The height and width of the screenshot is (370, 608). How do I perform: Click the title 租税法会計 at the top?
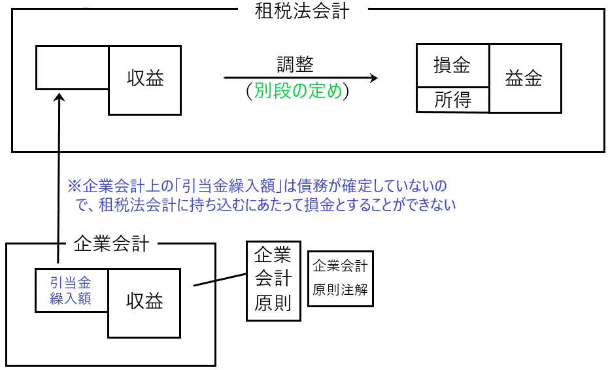click(x=303, y=10)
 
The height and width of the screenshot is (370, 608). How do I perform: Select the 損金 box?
click(x=452, y=65)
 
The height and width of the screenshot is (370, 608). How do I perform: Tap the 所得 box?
click(x=452, y=100)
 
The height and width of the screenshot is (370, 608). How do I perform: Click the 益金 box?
click(x=524, y=78)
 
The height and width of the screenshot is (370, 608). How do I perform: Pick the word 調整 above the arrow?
click(x=295, y=65)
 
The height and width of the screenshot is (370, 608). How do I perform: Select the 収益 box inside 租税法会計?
click(x=144, y=80)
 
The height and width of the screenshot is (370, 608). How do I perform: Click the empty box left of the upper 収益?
click(x=73, y=67)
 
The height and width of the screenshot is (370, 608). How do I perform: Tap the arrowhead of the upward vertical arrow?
click(x=59, y=96)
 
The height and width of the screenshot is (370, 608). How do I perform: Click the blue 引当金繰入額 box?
click(x=71, y=290)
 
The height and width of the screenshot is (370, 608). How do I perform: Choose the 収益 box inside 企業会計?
click(x=144, y=302)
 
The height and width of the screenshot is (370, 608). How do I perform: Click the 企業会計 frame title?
click(x=112, y=244)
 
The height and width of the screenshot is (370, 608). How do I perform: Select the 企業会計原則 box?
click(x=273, y=280)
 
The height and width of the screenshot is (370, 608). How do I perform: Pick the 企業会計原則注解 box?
click(x=340, y=278)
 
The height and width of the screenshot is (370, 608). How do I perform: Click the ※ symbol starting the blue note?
click(x=73, y=186)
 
